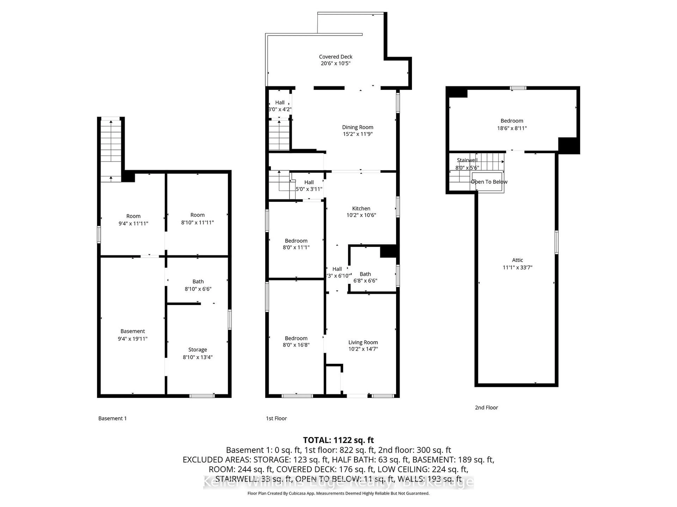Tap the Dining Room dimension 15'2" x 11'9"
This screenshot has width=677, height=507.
[x=358, y=134]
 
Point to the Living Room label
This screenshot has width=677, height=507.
[x=363, y=342]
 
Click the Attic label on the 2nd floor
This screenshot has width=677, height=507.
[x=517, y=260]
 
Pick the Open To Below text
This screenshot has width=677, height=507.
[x=489, y=182]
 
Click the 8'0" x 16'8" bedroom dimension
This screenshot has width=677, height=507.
[x=296, y=345]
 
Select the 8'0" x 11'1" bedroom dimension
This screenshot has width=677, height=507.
[x=296, y=247]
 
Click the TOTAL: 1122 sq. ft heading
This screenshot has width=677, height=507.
[x=338, y=440]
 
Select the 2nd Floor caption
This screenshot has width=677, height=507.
[x=486, y=407]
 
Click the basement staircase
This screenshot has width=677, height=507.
[x=111, y=150]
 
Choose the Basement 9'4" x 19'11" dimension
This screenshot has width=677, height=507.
[x=133, y=339]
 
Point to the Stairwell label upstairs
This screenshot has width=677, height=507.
[x=467, y=160]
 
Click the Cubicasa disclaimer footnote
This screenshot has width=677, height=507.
[x=338, y=493]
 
